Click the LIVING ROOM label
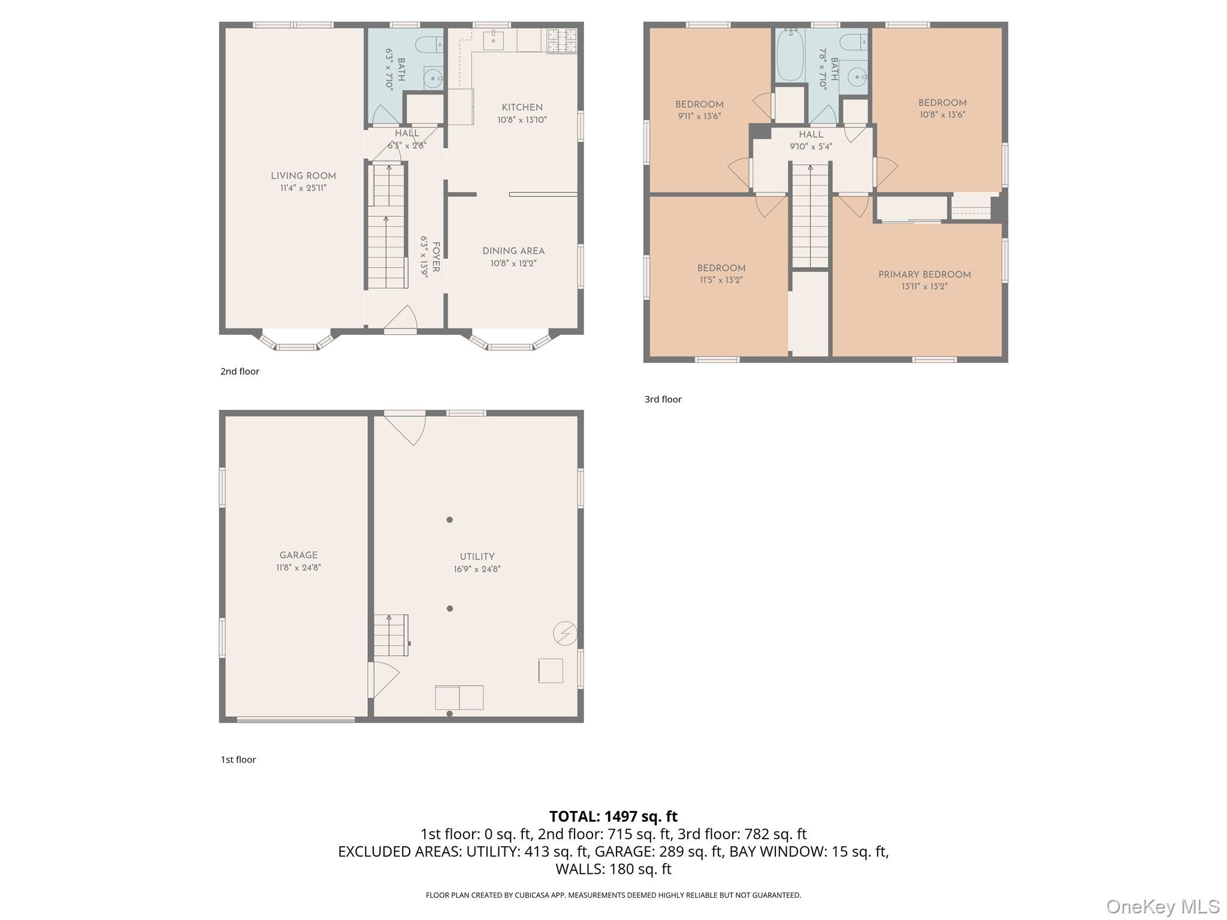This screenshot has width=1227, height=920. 303,175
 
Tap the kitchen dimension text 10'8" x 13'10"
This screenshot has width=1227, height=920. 522,120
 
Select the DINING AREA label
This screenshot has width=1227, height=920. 513,251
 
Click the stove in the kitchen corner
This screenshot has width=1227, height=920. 563,41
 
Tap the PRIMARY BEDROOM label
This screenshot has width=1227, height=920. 924,274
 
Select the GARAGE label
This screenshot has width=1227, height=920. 298,555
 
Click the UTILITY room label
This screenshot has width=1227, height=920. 477,556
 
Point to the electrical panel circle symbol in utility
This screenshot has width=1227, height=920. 565,633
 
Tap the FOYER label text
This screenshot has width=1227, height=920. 436,257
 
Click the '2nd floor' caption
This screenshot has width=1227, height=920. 240,371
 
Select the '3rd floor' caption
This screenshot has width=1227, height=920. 663,400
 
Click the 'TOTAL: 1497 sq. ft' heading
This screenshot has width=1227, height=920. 613,816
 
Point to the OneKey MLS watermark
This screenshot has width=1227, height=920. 1162,906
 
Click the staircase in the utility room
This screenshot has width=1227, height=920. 391,635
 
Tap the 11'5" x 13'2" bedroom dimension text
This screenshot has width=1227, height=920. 721,280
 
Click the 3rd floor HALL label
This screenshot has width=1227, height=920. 811,135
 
